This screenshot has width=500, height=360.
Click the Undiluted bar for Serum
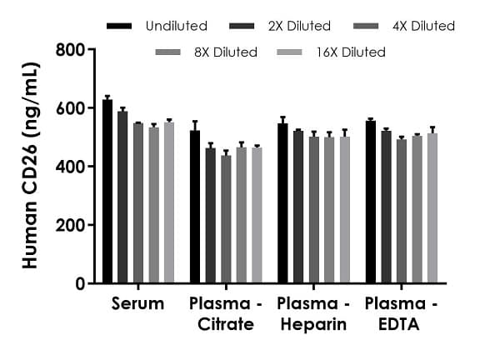coord(107,192)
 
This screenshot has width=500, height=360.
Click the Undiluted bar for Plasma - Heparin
coord(282,203)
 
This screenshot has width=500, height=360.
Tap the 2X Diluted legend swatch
coord(246,26)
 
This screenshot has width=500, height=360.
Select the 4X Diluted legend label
coord(423,26)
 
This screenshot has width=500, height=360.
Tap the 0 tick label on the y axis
coord(80,283)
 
